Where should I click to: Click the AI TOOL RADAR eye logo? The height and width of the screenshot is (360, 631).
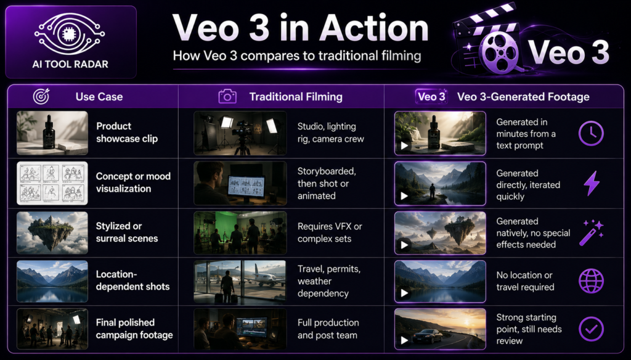(70, 35)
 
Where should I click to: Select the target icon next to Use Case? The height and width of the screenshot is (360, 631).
(41, 97)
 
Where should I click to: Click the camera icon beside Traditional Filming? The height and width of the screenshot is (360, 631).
(227, 97)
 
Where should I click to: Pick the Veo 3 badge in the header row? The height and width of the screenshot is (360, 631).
(431, 97)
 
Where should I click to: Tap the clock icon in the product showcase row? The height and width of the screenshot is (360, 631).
(591, 133)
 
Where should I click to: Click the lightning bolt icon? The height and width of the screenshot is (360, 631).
(592, 183)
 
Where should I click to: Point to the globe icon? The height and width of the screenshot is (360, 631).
(591, 280)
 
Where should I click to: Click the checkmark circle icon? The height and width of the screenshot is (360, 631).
(591, 329)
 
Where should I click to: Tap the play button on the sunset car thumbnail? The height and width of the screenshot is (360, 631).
(404, 341)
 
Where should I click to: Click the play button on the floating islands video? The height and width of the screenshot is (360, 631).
(404, 245)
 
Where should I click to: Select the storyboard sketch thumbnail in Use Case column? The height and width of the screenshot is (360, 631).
(52, 183)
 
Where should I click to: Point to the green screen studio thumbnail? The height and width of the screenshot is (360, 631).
(240, 233)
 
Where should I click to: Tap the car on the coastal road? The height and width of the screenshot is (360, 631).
(432, 336)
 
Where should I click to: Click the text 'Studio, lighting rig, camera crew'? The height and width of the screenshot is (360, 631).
(330, 133)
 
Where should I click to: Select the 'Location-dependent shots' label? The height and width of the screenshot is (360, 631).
(132, 280)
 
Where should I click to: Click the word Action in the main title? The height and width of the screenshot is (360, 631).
(374, 28)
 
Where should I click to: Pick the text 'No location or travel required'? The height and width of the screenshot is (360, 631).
(525, 281)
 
